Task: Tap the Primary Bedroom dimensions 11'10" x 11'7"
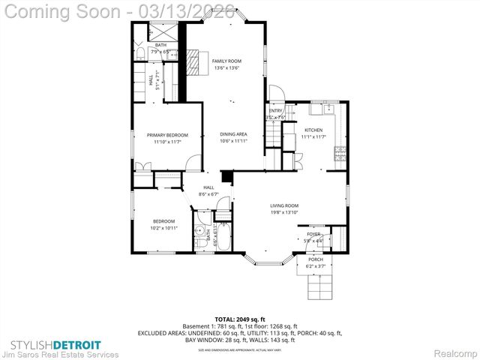pyautogui.click(x=166, y=141)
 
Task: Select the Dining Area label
pyautogui.click(x=233, y=134)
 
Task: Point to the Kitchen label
pyautogui.click(x=313, y=130)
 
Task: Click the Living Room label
pyautogui.click(x=284, y=205)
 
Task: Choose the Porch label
pyautogui.click(x=315, y=259)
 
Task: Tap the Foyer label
pyautogui.click(x=313, y=234)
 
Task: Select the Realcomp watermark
pyautogui.click(x=450, y=352)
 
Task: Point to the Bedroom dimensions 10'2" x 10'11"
pyautogui.click(x=163, y=227)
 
